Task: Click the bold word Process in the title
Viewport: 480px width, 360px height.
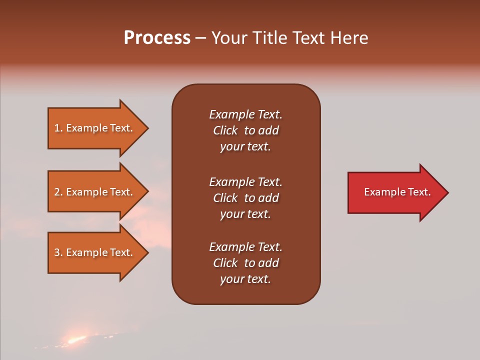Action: [157, 38]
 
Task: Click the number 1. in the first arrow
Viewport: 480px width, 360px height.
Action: [58, 128]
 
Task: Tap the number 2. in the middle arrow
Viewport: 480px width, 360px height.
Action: [58, 192]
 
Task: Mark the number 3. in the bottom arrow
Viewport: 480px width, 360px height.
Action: [58, 252]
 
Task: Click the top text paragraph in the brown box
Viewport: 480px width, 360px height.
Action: [245, 130]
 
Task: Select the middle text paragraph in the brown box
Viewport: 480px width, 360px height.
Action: [245, 198]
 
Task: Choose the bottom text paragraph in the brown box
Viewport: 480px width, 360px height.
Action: [245, 263]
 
